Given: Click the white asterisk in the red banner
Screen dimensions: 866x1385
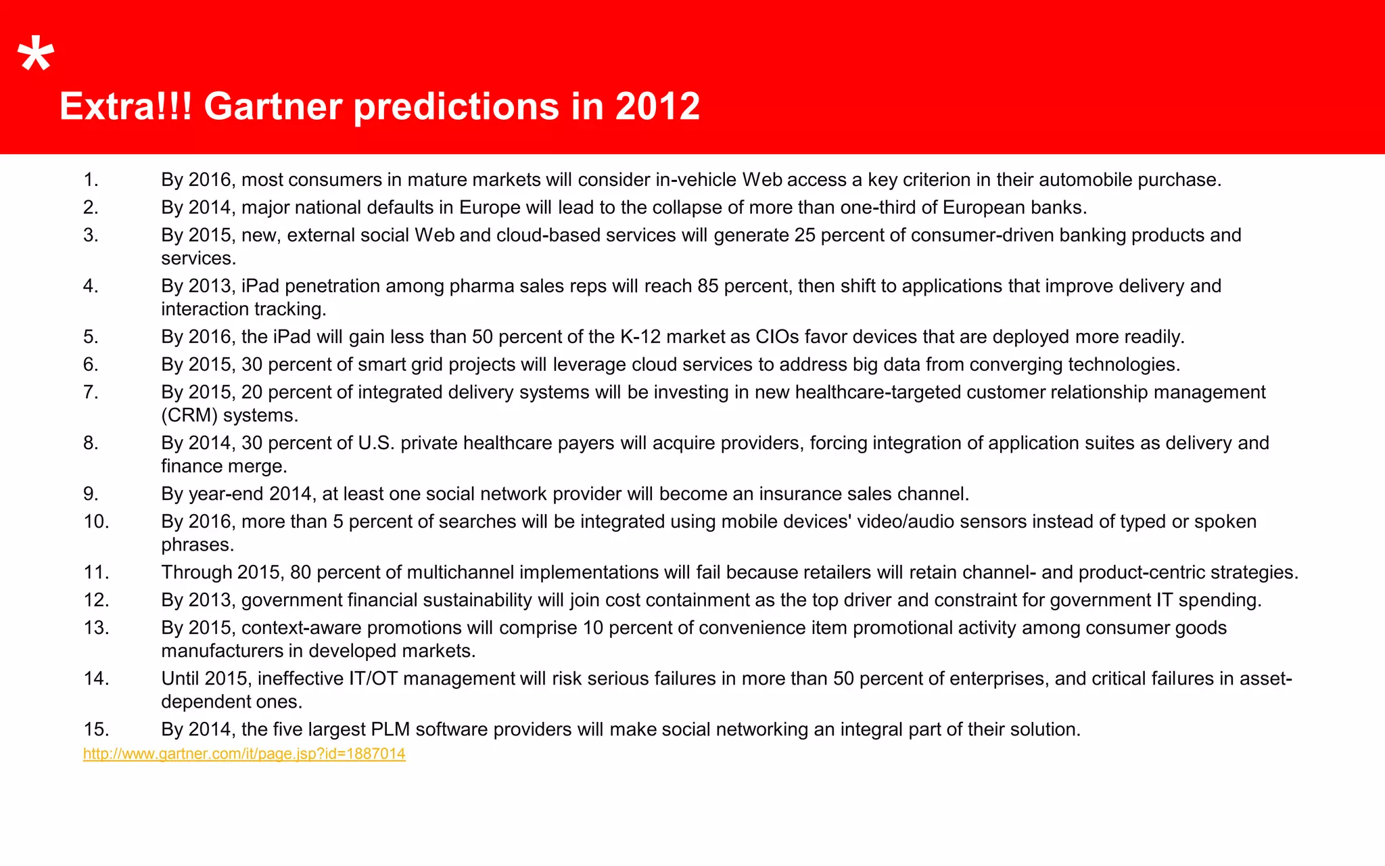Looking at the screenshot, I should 35,57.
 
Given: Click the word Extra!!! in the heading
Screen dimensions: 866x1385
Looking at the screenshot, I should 126,106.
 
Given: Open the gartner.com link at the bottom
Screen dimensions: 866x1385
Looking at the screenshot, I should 244,754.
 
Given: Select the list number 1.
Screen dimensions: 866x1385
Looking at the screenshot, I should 91,180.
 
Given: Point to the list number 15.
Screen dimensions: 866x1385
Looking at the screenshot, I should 96,729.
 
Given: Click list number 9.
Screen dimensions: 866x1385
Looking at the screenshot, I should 91,494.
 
